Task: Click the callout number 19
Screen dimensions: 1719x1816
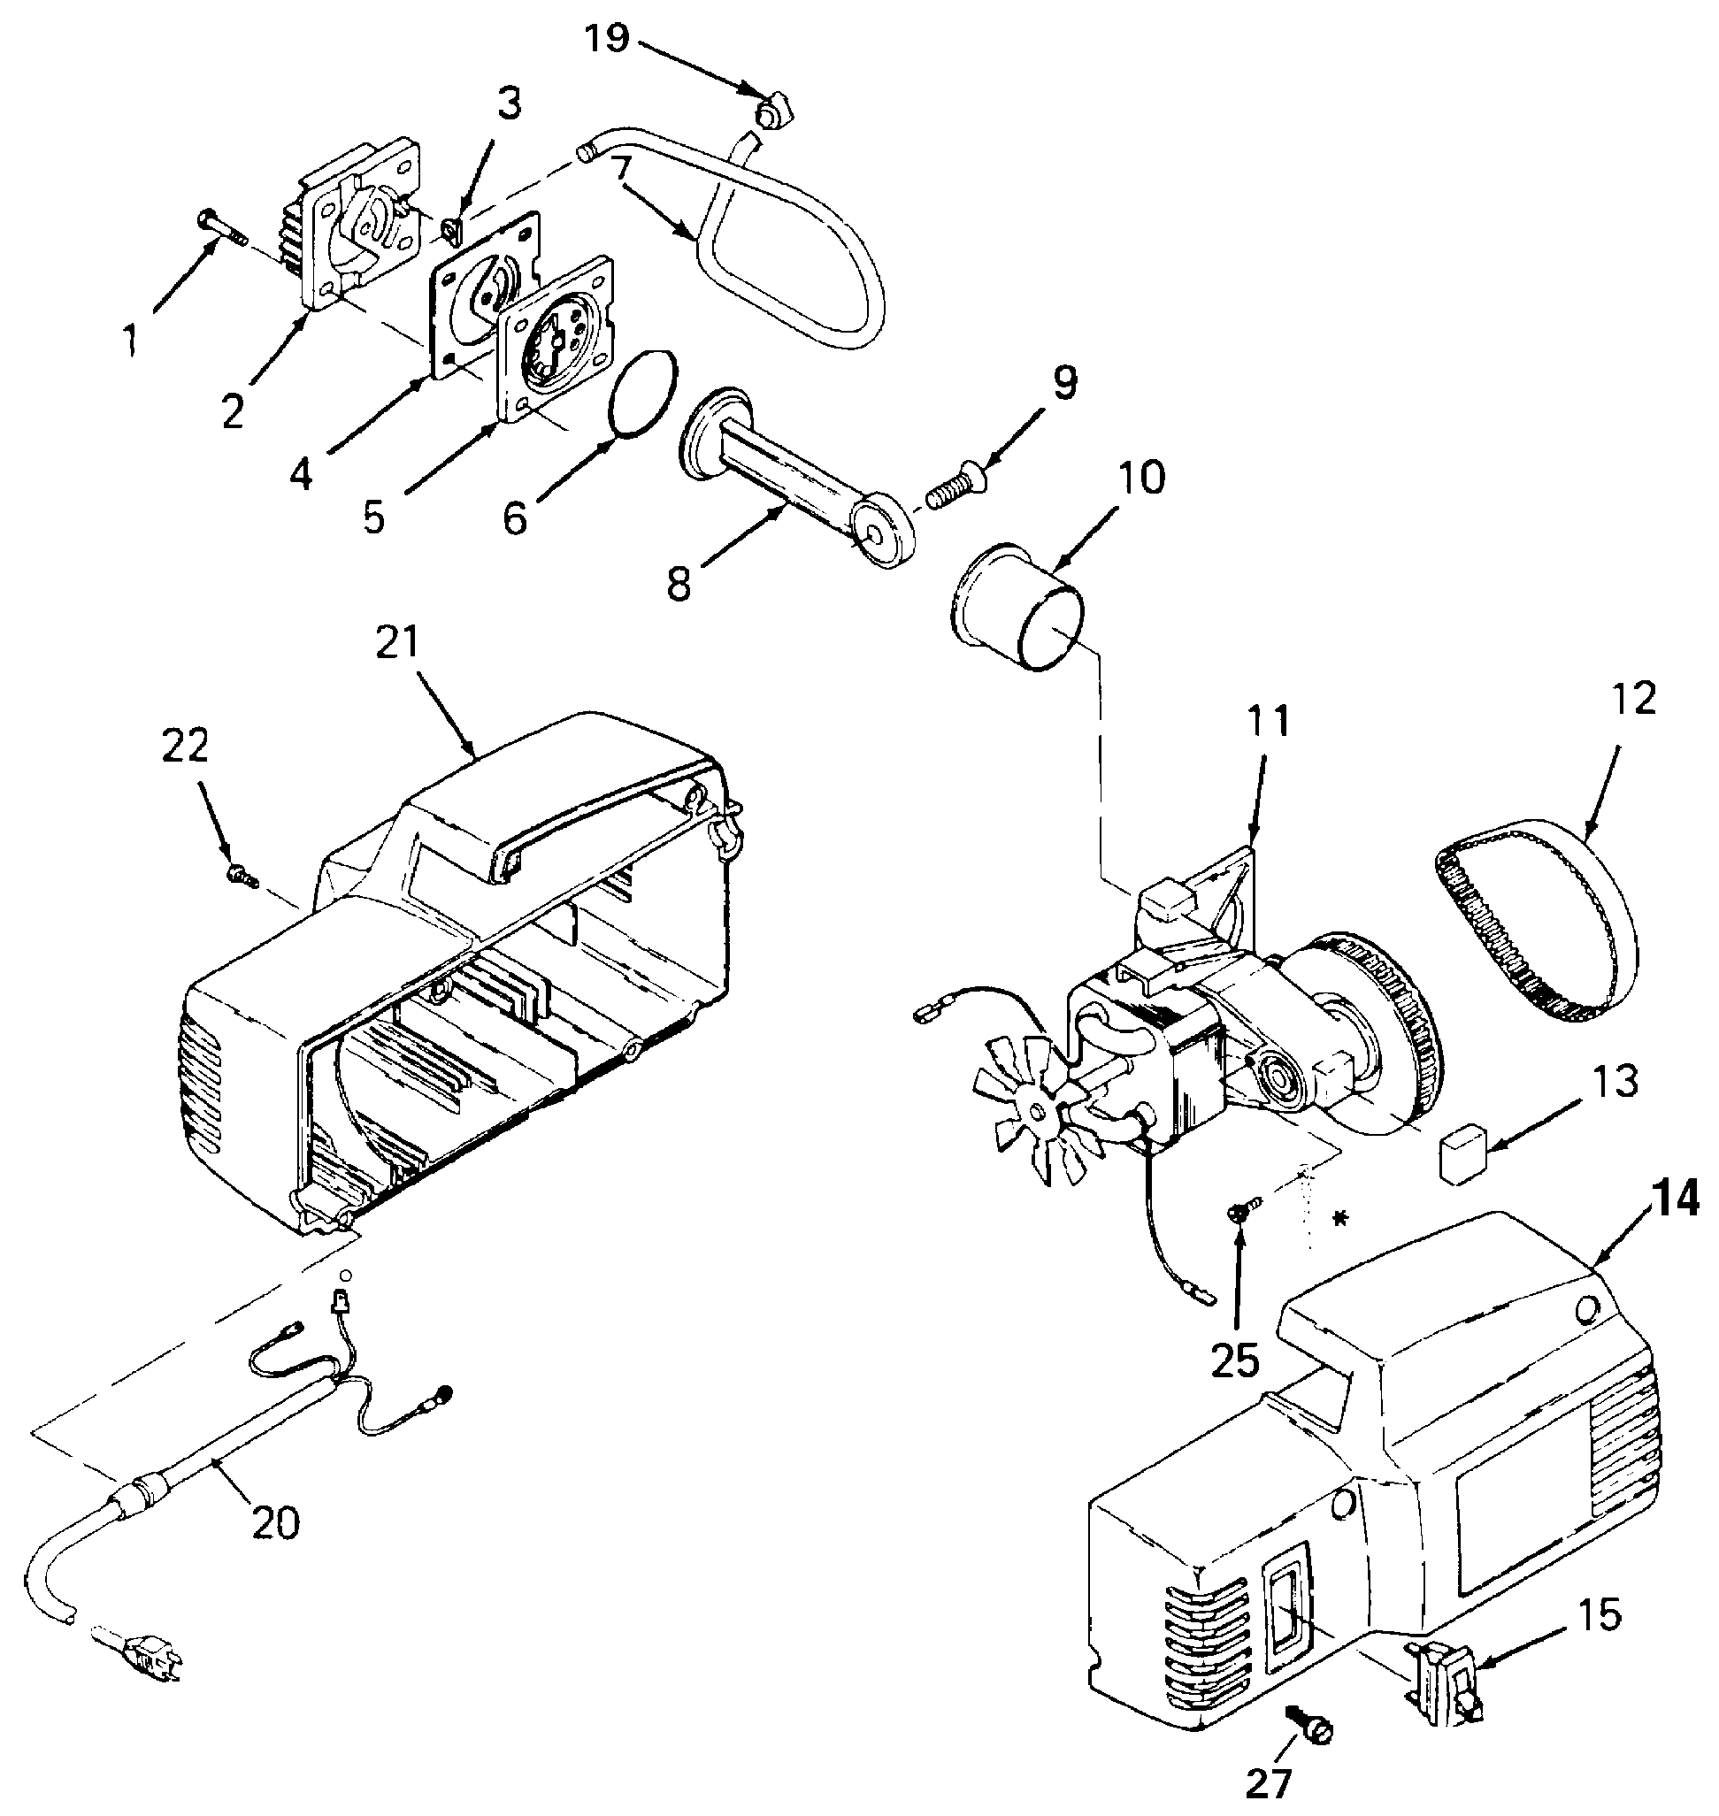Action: pos(608,39)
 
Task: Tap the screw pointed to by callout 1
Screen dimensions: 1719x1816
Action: pos(222,226)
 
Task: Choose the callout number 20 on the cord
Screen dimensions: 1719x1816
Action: pos(276,1522)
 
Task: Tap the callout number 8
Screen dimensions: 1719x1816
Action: pos(679,584)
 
